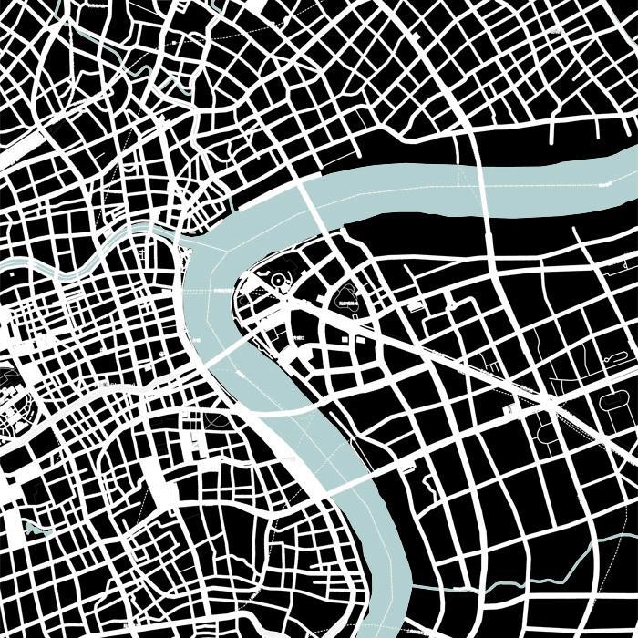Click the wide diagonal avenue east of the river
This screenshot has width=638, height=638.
click(456, 355)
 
